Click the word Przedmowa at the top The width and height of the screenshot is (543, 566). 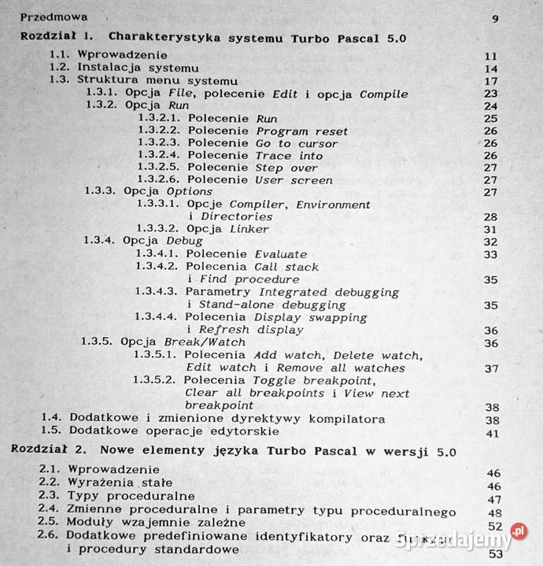pyautogui.click(x=54, y=17)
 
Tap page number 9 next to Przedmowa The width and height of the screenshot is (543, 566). pyautogui.click(x=495, y=19)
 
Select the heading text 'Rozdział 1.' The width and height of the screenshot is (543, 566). pyautogui.click(x=57, y=37)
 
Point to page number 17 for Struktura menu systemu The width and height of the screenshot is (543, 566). pyautogui.click(x=493, y=82)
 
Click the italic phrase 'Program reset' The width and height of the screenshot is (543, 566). pyautogui.click(x=302, y=131)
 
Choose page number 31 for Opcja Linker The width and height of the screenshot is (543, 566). pyautogui.click(x=493, y=230)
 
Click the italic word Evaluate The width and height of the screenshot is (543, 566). pyautogui.click(x=281, y=254)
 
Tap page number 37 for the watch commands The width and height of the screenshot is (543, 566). pyautogui.click(x=493, y=368)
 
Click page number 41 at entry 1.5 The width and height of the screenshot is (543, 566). pyautogui.click(x=493, y=433)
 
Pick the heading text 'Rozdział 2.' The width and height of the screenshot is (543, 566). pyautogui.click(x=48, y=452)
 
